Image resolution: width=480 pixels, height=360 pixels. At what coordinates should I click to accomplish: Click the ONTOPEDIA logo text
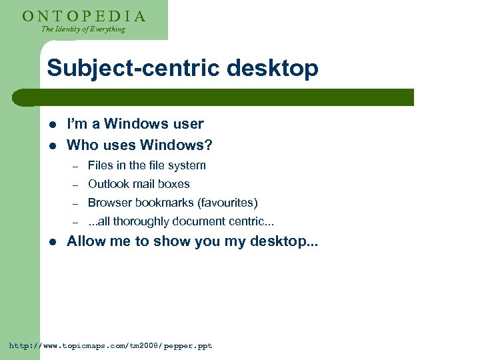[83, 15]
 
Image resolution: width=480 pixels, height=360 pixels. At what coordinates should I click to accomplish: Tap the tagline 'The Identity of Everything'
[83, 29]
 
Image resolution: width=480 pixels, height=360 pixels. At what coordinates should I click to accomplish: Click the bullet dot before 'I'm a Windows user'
[53, 124]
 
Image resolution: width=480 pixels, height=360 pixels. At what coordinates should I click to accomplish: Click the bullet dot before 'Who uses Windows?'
[53, 145]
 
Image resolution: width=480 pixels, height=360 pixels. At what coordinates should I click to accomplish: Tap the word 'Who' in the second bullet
[83, 145]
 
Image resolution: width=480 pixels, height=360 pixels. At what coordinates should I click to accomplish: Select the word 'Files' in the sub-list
[100, 165]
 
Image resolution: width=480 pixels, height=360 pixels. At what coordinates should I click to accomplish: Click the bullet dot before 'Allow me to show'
[53, 242]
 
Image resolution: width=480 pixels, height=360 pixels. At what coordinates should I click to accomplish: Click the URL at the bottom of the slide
[110, 346]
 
